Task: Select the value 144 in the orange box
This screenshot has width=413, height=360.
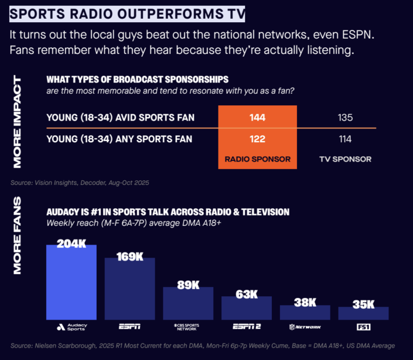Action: click(257, 118)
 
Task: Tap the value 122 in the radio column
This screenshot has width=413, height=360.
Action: click(257, 139)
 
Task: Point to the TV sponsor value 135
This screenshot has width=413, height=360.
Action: click(345, 118)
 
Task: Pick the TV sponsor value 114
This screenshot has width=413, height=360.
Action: click(345, 139)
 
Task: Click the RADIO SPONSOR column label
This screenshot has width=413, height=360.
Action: click(257, 159)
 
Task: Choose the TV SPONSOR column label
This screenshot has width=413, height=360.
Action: click(345, 159)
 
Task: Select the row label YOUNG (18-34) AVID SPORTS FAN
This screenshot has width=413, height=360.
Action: click(120, 118)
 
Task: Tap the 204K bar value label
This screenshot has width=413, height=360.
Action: click(71, 243)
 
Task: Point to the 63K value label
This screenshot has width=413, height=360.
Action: click(246, 295)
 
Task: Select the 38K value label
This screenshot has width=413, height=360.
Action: click(305, 303)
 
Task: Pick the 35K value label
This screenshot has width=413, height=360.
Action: click(363, 305)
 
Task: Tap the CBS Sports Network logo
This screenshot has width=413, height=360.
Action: click(188, 327)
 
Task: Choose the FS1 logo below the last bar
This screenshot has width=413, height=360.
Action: click(363, 327)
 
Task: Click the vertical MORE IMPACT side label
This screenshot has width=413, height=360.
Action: click(17, 123)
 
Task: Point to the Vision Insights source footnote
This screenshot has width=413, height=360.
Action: click(80, 183)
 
